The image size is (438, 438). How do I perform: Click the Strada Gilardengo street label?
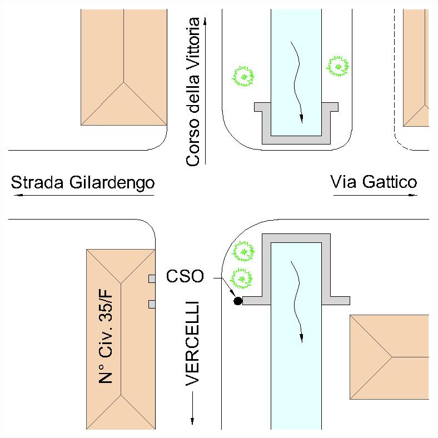(x=82, y=183)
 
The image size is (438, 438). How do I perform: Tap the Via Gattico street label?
(x=374, y=182)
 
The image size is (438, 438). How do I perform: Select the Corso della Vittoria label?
(x=193, y=92)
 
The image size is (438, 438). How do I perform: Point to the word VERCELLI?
(x=192, y=344)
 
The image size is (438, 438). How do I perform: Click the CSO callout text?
(x=185, y=276)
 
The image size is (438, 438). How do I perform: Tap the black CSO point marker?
(x=238, y=301)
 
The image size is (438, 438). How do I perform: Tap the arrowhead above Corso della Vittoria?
(x=206, y=21)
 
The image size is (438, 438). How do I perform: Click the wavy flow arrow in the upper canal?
(x=298, y=81)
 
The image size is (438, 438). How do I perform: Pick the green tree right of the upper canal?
(x=337, y=67)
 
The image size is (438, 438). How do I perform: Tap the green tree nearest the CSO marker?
(x=242, y=277)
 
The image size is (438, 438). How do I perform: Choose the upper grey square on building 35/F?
(x=151, y=278)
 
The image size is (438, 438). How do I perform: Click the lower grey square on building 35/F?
(x=151, y=303)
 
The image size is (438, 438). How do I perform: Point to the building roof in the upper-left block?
(x=123, y=67)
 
